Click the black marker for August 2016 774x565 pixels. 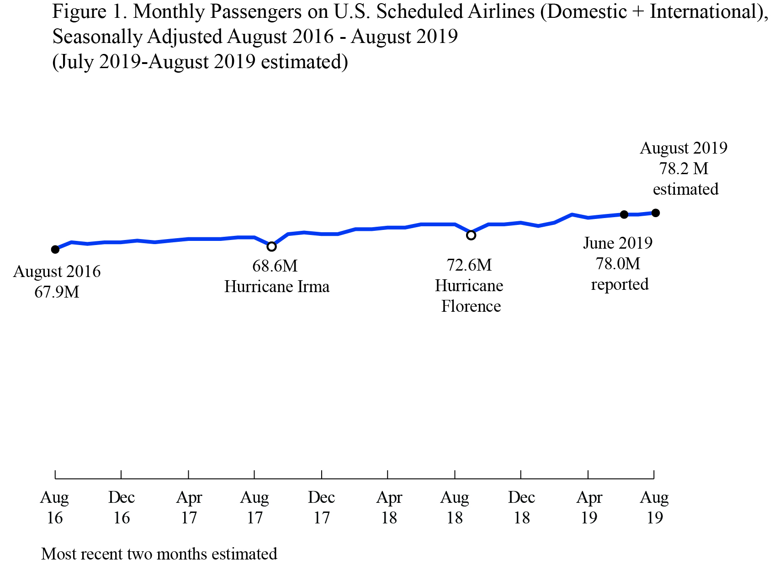tap(55, 249)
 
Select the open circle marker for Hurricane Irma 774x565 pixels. tap(271, 246)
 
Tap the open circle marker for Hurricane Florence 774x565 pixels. tap(471, 235)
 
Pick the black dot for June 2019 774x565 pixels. tap(624, 214)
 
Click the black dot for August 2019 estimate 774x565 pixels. tap(655, 213)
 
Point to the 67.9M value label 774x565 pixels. tap(57, 292)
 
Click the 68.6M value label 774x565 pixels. tap(275, 266)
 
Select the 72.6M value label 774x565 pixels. tap(469, 265)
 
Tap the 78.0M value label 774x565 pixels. tap(618, 263)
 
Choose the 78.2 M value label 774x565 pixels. tap(684, 169)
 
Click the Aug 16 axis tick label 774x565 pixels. tap(54, 507)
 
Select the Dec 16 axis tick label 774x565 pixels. tap(121, 507)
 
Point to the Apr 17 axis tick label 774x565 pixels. tap(189, 507)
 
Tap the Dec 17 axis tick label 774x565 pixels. tap(321, 507)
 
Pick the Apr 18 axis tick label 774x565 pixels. tap(389, 507)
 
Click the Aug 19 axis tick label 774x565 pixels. tap(654, 507)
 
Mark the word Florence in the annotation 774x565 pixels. tap(471, 306)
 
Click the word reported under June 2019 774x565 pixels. tap(620, 284)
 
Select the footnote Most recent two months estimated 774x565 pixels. tap(159, 554)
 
